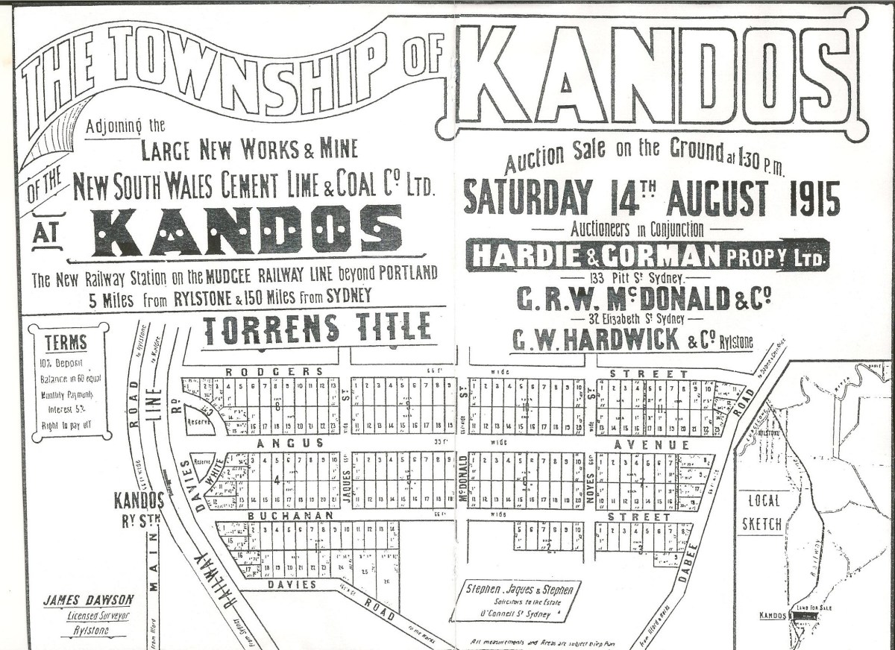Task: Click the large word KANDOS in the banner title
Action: click(660, 75)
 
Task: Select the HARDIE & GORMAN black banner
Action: click(647, 255)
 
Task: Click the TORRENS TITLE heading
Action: click(317, 329)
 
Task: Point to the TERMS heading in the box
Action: click(66, 343)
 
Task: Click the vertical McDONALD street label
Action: click(463, 481)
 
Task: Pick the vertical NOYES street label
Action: click(591, 482)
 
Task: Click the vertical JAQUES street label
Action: click(347, 481)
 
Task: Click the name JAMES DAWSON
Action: click(88, 599)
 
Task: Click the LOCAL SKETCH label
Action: click(763, 513)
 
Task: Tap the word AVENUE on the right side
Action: click(659, 444)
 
